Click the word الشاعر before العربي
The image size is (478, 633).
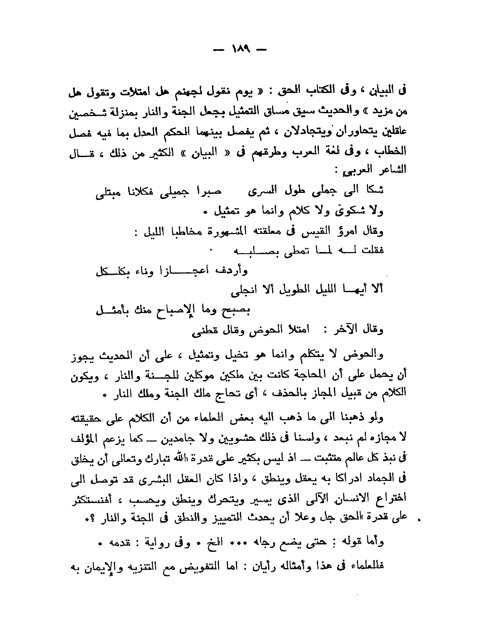coord(392,169)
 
